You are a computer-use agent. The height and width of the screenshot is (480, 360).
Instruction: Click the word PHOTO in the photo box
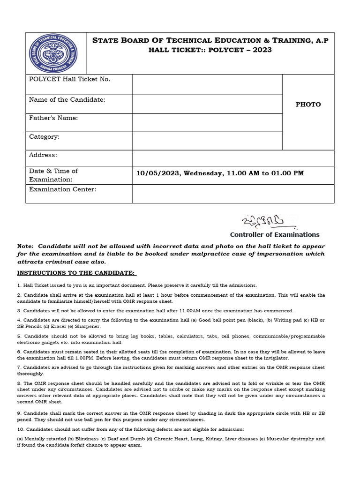[308, 105]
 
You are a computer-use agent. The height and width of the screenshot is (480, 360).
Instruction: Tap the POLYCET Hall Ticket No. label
[69, 79]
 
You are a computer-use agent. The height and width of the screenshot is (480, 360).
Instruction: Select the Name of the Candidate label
[67, 100]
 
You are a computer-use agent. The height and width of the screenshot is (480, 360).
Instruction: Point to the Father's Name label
[53, 118]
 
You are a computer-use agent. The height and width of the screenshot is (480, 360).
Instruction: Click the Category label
[44, 137]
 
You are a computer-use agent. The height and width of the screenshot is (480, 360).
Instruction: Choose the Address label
[43, 155]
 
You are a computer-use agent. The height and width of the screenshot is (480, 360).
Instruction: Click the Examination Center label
[62, 189]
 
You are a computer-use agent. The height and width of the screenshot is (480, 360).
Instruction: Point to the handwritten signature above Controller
[262, 221]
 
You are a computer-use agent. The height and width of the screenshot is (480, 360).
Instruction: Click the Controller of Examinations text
[274, 235]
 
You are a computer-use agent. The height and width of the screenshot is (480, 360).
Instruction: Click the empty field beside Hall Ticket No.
[207, 84]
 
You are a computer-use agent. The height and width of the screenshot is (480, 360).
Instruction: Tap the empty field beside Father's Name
[207, 122]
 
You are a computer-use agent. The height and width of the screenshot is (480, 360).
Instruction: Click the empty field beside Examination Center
[233, 194]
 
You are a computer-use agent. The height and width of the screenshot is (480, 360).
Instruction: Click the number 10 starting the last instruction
[20, 430]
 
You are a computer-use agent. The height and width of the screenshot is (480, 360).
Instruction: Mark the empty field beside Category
[207, 141]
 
